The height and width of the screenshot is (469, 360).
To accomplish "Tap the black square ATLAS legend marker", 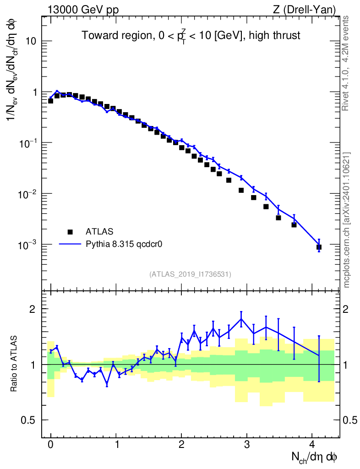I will (70, 232).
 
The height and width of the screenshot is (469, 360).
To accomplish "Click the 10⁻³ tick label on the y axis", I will (28, 245).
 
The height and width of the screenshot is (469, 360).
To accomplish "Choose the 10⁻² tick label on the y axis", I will (28, 194).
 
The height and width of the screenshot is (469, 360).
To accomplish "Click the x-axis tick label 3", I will (247, 444).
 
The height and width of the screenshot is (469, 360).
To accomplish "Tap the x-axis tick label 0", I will (50, 444).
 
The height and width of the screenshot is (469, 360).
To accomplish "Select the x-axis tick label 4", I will (312, 444).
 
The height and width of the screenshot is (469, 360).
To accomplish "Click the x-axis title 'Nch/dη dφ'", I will (315, 457).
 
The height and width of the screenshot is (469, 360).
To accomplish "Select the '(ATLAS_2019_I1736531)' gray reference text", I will (190, 274).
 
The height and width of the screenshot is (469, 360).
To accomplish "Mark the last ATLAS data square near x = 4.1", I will (319, 247).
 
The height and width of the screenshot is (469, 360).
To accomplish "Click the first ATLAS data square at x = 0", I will (50, 101).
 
